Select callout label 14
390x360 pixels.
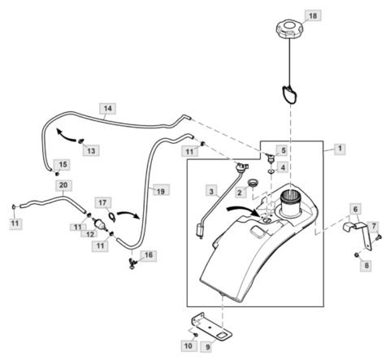(108, 107)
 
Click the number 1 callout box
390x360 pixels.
(339, 150)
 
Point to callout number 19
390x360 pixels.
(161, 191)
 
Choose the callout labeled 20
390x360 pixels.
(63, 184)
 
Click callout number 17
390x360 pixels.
(103, 202)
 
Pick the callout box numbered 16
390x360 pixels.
(147, 255)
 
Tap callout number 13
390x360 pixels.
(90, 150)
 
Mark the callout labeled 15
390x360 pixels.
(63, 164)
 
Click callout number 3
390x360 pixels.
(211, 192)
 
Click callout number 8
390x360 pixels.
(366, 264)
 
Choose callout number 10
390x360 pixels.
(188, 347)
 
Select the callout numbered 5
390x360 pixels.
(283, 150)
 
